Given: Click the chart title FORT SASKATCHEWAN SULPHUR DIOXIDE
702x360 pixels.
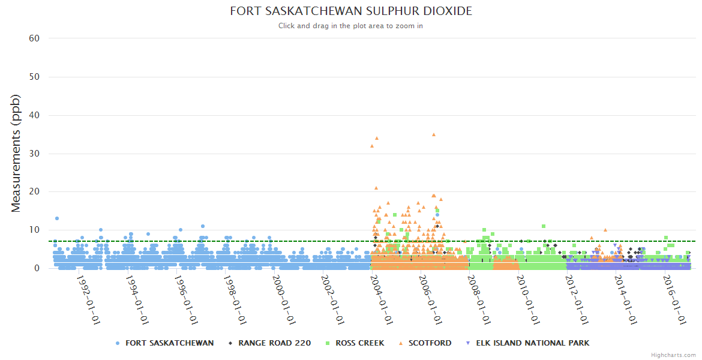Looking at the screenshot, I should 351,11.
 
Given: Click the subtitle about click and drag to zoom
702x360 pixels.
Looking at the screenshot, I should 351,26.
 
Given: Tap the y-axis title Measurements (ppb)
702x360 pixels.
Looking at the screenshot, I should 16,153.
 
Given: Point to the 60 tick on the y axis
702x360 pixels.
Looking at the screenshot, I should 34,38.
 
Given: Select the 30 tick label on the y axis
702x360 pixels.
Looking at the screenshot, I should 34,154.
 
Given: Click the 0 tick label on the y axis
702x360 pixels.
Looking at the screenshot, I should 37,268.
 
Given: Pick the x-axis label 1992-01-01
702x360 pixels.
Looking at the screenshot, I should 88,300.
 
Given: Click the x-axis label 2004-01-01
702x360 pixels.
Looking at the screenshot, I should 382,300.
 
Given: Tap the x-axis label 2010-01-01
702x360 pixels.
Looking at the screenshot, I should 529,300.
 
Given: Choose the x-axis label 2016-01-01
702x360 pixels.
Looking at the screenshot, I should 676,300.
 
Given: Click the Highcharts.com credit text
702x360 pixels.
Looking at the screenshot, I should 673,355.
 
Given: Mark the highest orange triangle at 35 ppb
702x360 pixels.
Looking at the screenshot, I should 434,134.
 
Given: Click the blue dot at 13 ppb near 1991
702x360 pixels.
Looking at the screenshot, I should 57,218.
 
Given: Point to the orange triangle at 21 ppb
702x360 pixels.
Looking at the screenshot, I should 376,188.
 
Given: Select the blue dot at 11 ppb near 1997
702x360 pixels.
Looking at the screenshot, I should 203,226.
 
